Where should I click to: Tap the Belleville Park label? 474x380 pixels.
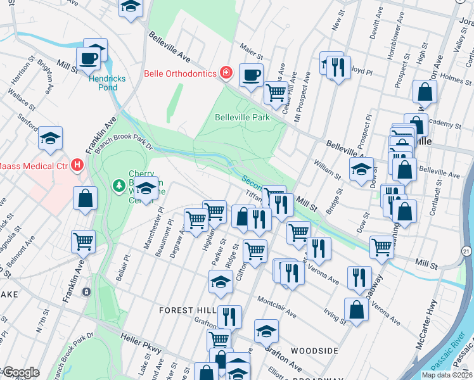pos(242,117)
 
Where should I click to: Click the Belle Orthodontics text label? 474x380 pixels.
pos(181,73)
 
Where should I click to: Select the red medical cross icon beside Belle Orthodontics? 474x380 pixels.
pos(226,73)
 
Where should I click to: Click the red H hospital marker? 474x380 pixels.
pos(78,165)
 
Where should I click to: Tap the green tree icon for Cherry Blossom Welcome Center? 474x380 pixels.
pos(118,186)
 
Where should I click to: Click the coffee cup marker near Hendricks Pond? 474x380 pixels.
pos(89,60)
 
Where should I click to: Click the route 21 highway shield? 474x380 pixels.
pos(466,251)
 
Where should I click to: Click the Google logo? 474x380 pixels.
pos(20,373)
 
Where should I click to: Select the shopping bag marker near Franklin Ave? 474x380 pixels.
pos(85,198)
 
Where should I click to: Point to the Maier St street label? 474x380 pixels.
pos(252,47)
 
